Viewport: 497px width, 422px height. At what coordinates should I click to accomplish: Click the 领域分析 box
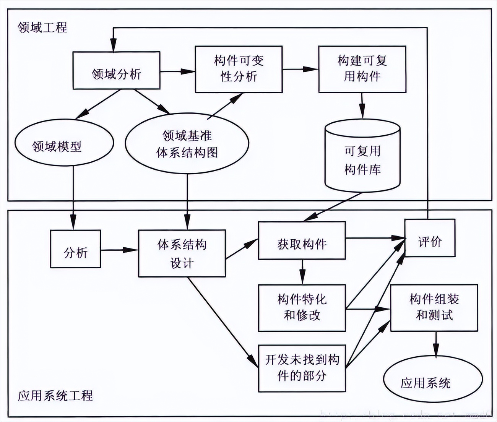pyautogui.click(x=116, y=71)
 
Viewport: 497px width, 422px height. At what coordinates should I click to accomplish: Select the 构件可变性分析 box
pyautogui.click(x=239, y=69)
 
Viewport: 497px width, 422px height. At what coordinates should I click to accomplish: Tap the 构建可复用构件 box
pyautogui.click(x=362, y=69)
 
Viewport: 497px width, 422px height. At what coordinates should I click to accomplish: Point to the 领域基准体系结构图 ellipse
pyautogui.click(x=187, y=143)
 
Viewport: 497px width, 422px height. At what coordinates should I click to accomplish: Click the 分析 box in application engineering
pyautogui.click(x=76, y=249)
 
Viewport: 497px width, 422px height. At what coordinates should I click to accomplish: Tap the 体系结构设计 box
pyautogui.click(x=182, y=253)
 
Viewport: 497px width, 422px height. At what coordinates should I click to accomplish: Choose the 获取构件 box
pyautogui.click(x=302, y=240)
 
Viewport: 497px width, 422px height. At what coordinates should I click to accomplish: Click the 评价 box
pyautogui.click(x=430, y=238)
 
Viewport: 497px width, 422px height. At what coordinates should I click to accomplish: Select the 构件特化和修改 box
pyautogui.click(x=302, y=308)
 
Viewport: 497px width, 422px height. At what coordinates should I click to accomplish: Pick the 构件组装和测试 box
pyautogui.click(x=434, y=308)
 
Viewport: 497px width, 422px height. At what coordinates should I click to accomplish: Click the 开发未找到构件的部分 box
pyautogui.click(x=302, y=368)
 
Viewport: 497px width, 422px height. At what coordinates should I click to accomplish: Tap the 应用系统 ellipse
pyautogui.click(x=433, y=379)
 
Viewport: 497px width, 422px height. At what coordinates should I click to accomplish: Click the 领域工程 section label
pyautogui.click(x=42, y=28)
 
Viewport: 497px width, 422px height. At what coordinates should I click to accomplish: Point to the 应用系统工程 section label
pyautogui.click(x=55, y=396)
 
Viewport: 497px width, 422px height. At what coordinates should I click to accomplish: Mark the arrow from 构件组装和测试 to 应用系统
pyautogui.click(x=435, y=344)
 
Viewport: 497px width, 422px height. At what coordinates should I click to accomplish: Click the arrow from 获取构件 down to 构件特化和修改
pyautogui.click(x=302, y=272)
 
